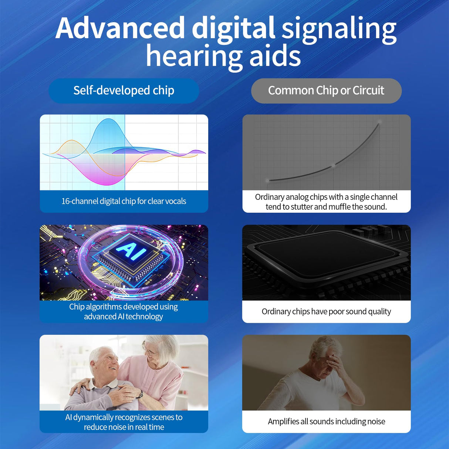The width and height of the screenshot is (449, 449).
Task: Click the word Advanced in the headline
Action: click(x=120, y=28)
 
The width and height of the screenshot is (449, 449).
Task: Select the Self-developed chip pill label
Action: click(x=124, y=91)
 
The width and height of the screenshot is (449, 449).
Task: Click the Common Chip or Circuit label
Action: click(x=326, y=91)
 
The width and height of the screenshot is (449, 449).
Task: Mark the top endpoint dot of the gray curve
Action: click(x=380, y=122)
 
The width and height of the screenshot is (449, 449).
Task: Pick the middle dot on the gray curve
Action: click(x=334, y=165)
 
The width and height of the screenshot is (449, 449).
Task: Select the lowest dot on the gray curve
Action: click(x=267, y=180)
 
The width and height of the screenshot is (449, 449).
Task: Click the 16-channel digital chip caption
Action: click(x=124, y=201)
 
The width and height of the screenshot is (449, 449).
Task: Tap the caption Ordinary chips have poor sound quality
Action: click(x=326, y=311)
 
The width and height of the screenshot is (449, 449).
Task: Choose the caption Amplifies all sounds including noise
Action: click(x=326, y=421)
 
